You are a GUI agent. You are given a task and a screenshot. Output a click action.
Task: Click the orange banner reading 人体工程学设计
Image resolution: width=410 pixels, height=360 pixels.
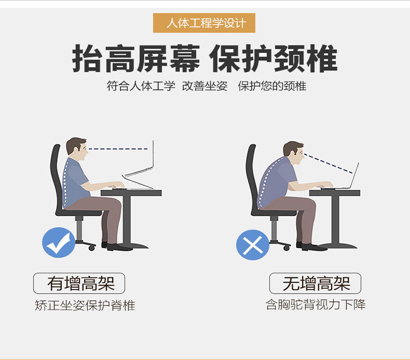point(204,23)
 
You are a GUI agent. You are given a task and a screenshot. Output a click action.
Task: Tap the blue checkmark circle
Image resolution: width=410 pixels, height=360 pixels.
point(59,243)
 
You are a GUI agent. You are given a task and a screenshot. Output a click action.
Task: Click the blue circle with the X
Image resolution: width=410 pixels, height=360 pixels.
point(253,245)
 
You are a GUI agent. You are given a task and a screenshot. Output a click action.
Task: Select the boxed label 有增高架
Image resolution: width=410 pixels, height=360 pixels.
point(79,283)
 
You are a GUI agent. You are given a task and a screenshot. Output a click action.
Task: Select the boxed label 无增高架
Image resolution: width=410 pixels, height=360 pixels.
point(315,283)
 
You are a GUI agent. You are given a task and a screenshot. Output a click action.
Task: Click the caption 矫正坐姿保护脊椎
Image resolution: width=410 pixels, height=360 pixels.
point(85,305)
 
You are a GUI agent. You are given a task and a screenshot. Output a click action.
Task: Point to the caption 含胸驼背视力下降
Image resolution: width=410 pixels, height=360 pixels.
point(316,304)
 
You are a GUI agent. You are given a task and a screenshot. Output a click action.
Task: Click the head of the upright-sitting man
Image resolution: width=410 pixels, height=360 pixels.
point(77,149)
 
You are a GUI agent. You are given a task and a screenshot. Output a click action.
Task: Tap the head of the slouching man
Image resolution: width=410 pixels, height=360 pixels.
point(294,153)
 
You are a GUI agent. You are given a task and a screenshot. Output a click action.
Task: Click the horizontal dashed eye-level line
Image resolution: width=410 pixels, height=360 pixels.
point(118,149)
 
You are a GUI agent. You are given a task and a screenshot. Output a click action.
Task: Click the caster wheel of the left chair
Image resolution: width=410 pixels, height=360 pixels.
point(91,248)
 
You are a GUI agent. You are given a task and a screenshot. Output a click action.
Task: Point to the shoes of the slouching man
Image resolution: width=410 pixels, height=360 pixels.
point(311,247)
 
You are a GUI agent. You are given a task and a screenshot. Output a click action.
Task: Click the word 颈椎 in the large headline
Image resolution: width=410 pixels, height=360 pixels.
point(305,59)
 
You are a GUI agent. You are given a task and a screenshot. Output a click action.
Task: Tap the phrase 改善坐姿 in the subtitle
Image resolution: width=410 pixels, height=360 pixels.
point(204,86)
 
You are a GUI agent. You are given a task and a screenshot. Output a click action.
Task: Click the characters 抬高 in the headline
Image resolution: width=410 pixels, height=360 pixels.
point(104,59)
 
